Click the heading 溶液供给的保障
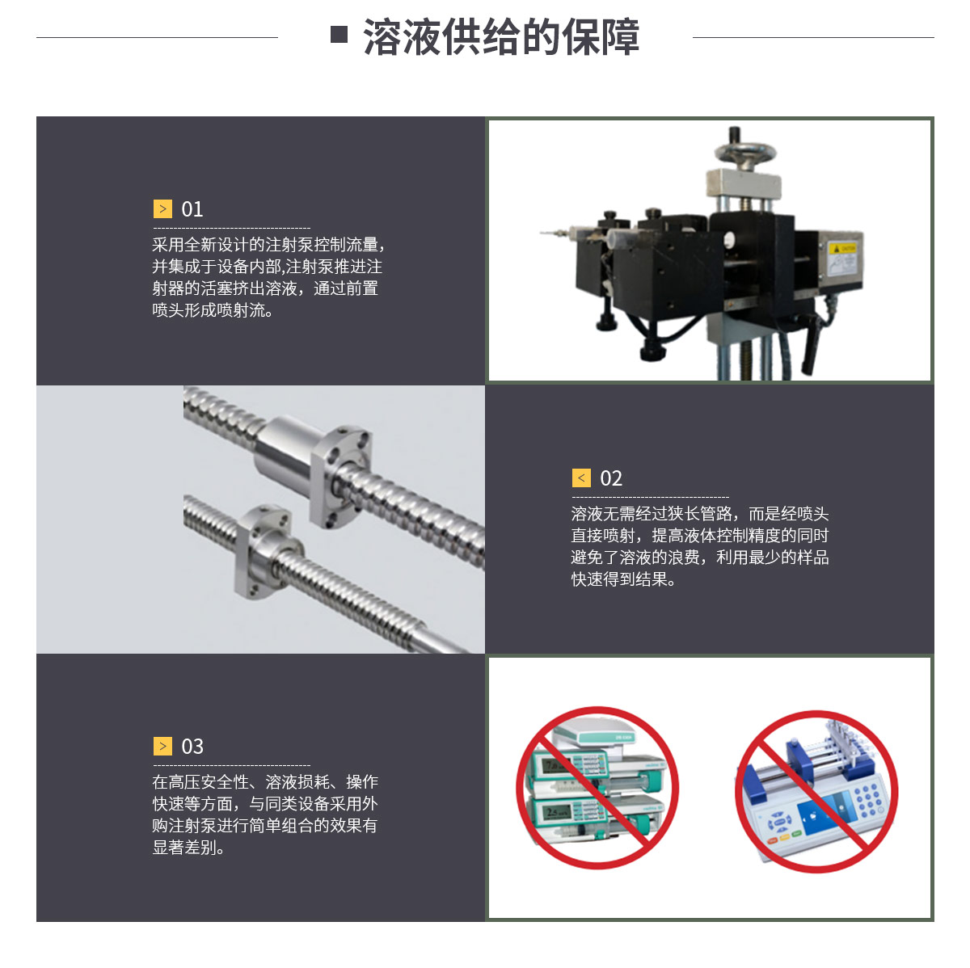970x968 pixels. click(501, 36)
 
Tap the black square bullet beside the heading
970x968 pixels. click(339, 34)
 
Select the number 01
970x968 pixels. click(192, 209)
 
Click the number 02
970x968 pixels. click(610, 478)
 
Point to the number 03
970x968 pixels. click(192, 746)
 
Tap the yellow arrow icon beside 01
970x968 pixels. click(162, 209)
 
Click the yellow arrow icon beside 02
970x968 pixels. click(581, 478)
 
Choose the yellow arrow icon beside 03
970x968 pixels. click(162, 746)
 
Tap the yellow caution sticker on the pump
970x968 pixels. click(842, 248)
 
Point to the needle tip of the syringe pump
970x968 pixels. click(542, 233)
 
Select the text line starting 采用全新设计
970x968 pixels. click(268, 245)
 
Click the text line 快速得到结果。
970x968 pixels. click(623, 579)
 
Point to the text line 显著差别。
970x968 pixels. click(188, 848)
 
